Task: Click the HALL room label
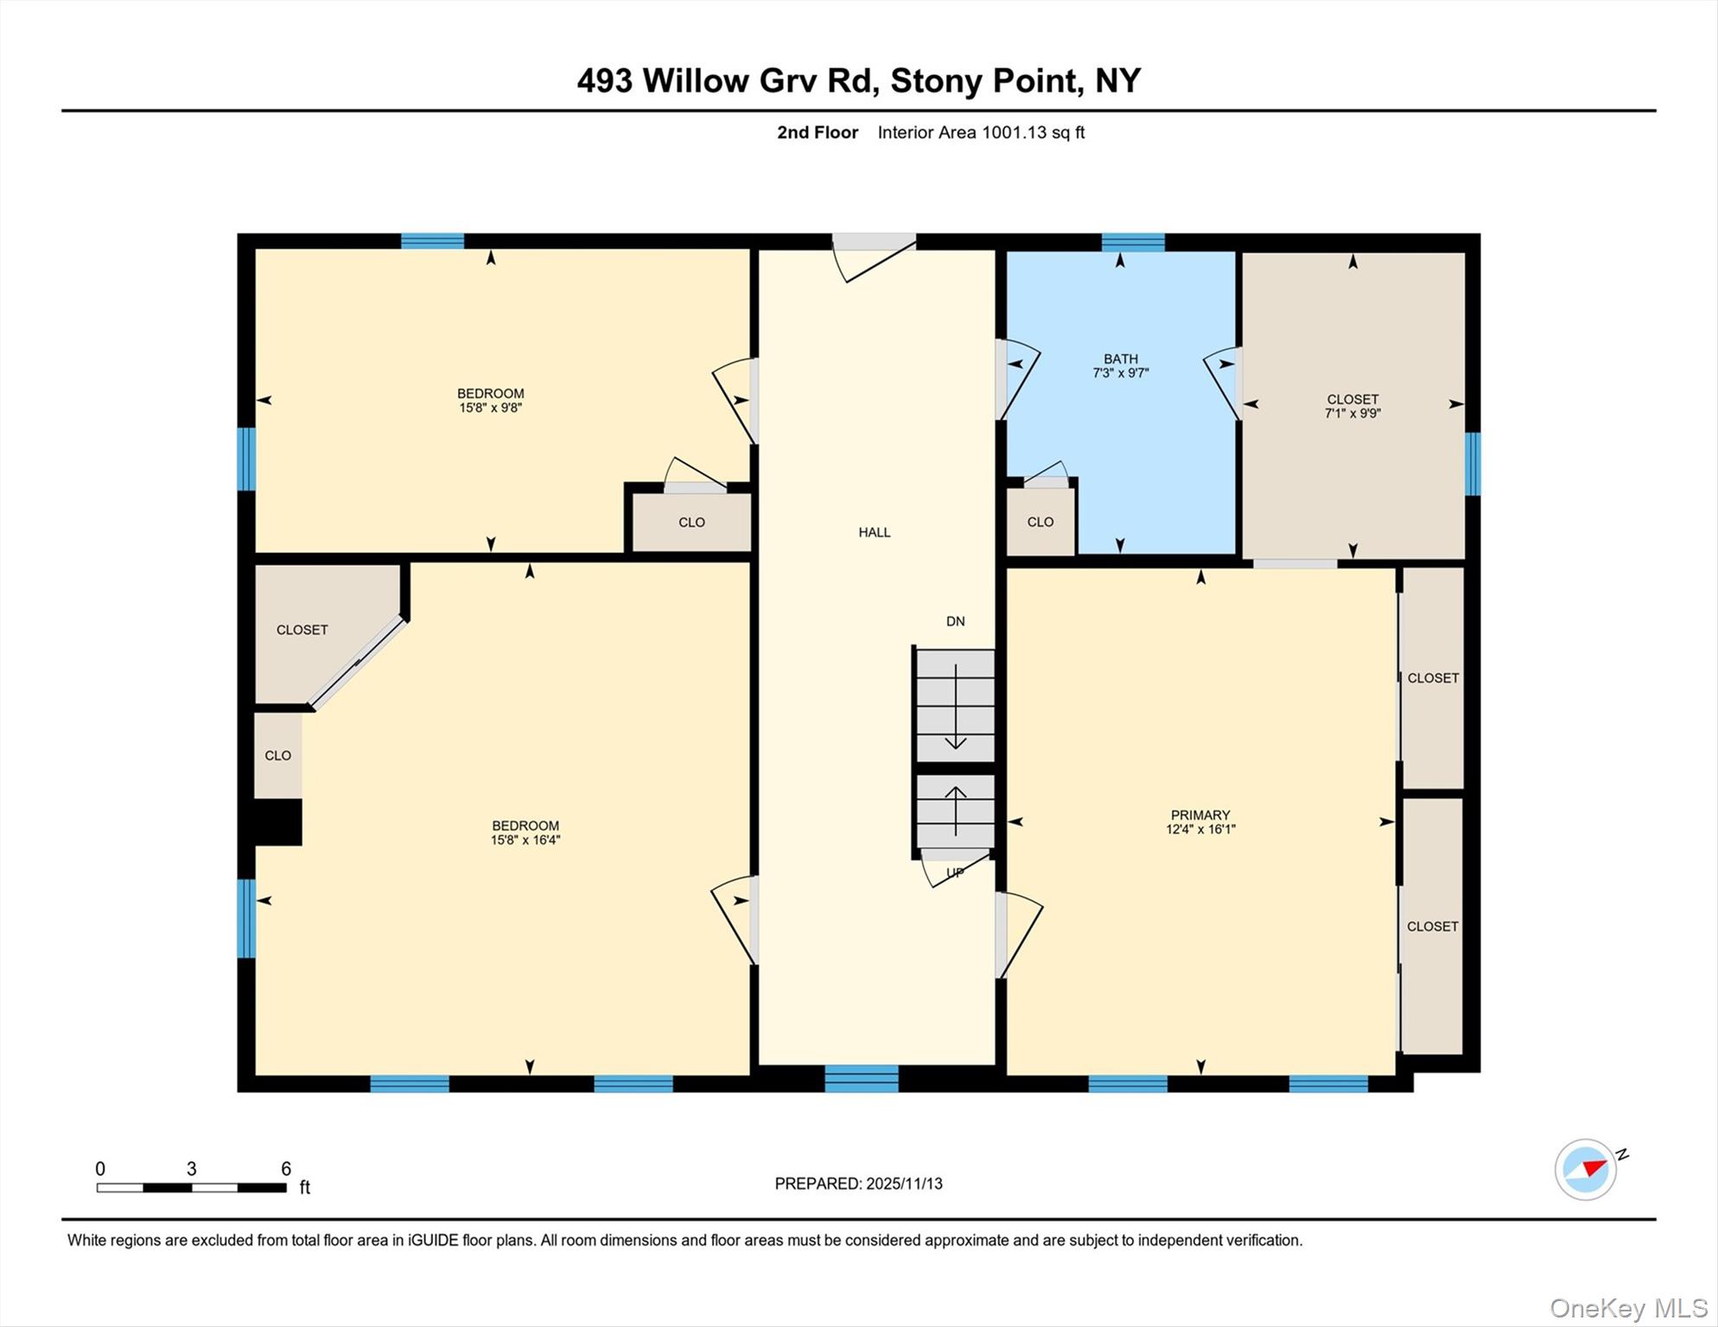click(874, 532)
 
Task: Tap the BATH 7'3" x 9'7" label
click(1120, 365)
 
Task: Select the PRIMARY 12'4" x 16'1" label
click(1199, 822)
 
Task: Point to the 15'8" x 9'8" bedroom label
click(490, 400)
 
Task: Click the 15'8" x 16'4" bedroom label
click(525, 832)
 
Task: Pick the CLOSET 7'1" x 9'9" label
click(1352, 406)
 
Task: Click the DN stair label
click(955, 621)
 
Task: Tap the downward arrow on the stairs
click(955, 708)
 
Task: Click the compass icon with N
click(1587, 1169)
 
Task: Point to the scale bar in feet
click(191, 1187)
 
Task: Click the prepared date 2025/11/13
click(858, 1184)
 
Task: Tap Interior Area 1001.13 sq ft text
click(981, 132)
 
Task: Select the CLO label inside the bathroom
click(1040, 522)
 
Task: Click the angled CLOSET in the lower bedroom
click(302, 630)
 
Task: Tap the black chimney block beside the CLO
click(277, 822)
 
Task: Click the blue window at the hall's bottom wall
click(861, 1079)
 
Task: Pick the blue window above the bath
click(1132, 242)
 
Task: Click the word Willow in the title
click(696, 81)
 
